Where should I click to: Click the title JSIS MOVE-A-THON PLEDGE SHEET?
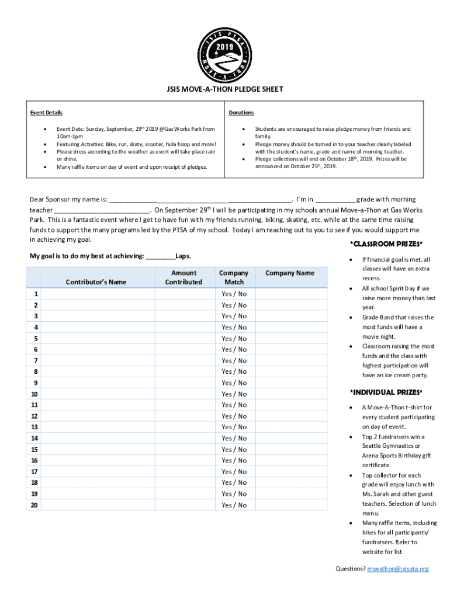pyautogui.click(x=225, y=89)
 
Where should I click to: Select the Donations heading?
pyautogui.click(x=241, y=113)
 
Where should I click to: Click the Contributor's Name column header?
pyautogui.click(x=96, y=282)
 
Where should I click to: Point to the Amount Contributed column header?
pyautogui.click(x=184, y=277)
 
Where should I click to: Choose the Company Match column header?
pyautogui.click(x=234, y=277)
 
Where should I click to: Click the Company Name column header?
pyautogui.click(x=289, y=273)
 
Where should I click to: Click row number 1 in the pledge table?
pyautogui.click(x=36, y=294)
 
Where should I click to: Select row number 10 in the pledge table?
pyautogui.click(x=35, y=394)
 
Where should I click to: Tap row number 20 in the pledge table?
pyautogui.click(x=35, y=505)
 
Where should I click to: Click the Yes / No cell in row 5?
pyautogui.click(x=234, y=339)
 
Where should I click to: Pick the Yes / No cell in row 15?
pyautogui.click(x=234, y=450)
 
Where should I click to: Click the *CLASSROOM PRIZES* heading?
pyautogui.click(x=386, y=244)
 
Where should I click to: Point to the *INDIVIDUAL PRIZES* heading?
pyautogui.click(x=386, y=391)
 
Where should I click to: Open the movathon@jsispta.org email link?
pyautogui.click(x=398, y=569)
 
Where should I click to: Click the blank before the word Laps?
pyautogui.click(x=161, y=256)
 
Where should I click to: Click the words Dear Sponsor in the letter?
pyautogui.click(x=50, y=199)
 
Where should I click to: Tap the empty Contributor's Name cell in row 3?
pyautogui.click(x=98, y=316)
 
